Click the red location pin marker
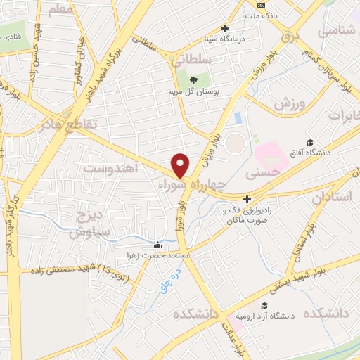point(181,165)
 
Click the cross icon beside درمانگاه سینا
point(224,29)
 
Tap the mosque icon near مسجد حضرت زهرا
point(157,245)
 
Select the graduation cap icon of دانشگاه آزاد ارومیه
point(264,305)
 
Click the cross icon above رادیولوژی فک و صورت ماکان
point(247,199)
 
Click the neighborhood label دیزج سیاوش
point(86,222)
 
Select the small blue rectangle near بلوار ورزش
point(238,117)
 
